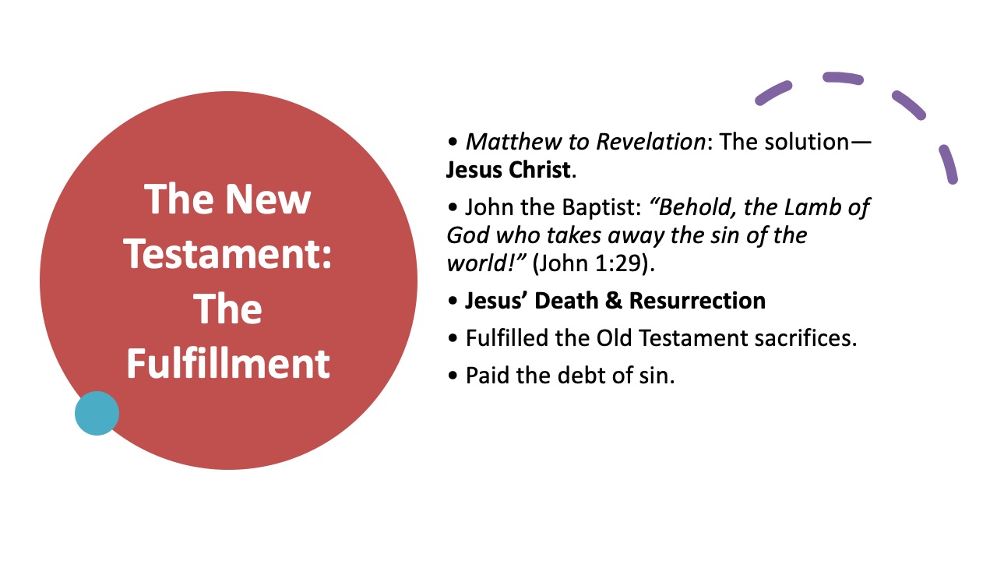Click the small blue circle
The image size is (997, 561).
[97, 413]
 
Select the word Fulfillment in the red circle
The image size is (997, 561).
[228, 363]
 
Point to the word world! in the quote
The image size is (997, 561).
[486, 263]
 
